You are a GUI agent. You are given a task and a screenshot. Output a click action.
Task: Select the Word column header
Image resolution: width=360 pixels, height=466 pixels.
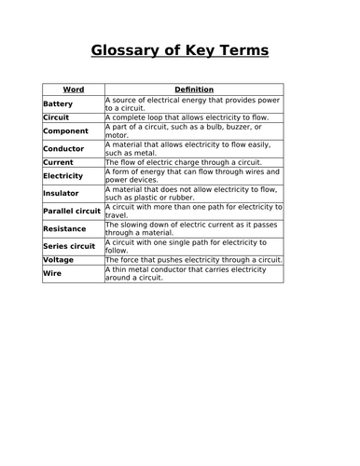click(73, 89)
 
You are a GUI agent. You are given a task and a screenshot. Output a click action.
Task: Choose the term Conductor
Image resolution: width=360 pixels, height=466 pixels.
click(63, 148)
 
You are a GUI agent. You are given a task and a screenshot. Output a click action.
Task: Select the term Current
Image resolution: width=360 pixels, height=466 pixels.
click(58, 162)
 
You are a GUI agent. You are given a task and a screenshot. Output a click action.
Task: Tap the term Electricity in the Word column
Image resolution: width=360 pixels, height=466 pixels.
click(63, 175)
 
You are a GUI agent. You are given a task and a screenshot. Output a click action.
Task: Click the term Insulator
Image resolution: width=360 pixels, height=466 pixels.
click(62, 193)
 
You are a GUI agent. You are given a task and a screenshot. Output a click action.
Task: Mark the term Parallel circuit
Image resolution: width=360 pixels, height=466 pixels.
click(72, 211)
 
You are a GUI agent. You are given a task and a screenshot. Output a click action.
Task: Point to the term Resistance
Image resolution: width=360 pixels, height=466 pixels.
click(64, 228)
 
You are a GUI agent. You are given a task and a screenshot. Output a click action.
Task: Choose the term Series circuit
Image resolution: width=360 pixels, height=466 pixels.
click(68, 246)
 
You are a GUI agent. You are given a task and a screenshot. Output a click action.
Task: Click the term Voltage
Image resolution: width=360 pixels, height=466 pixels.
click(59, 260)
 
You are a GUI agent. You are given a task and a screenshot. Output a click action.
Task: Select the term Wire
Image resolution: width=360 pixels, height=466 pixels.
click(51, 273)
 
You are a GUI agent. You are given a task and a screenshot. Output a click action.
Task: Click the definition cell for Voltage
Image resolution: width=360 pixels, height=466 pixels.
click(193, 260)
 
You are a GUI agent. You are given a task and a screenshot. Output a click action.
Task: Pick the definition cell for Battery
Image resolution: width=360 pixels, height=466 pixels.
click(193, 103)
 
